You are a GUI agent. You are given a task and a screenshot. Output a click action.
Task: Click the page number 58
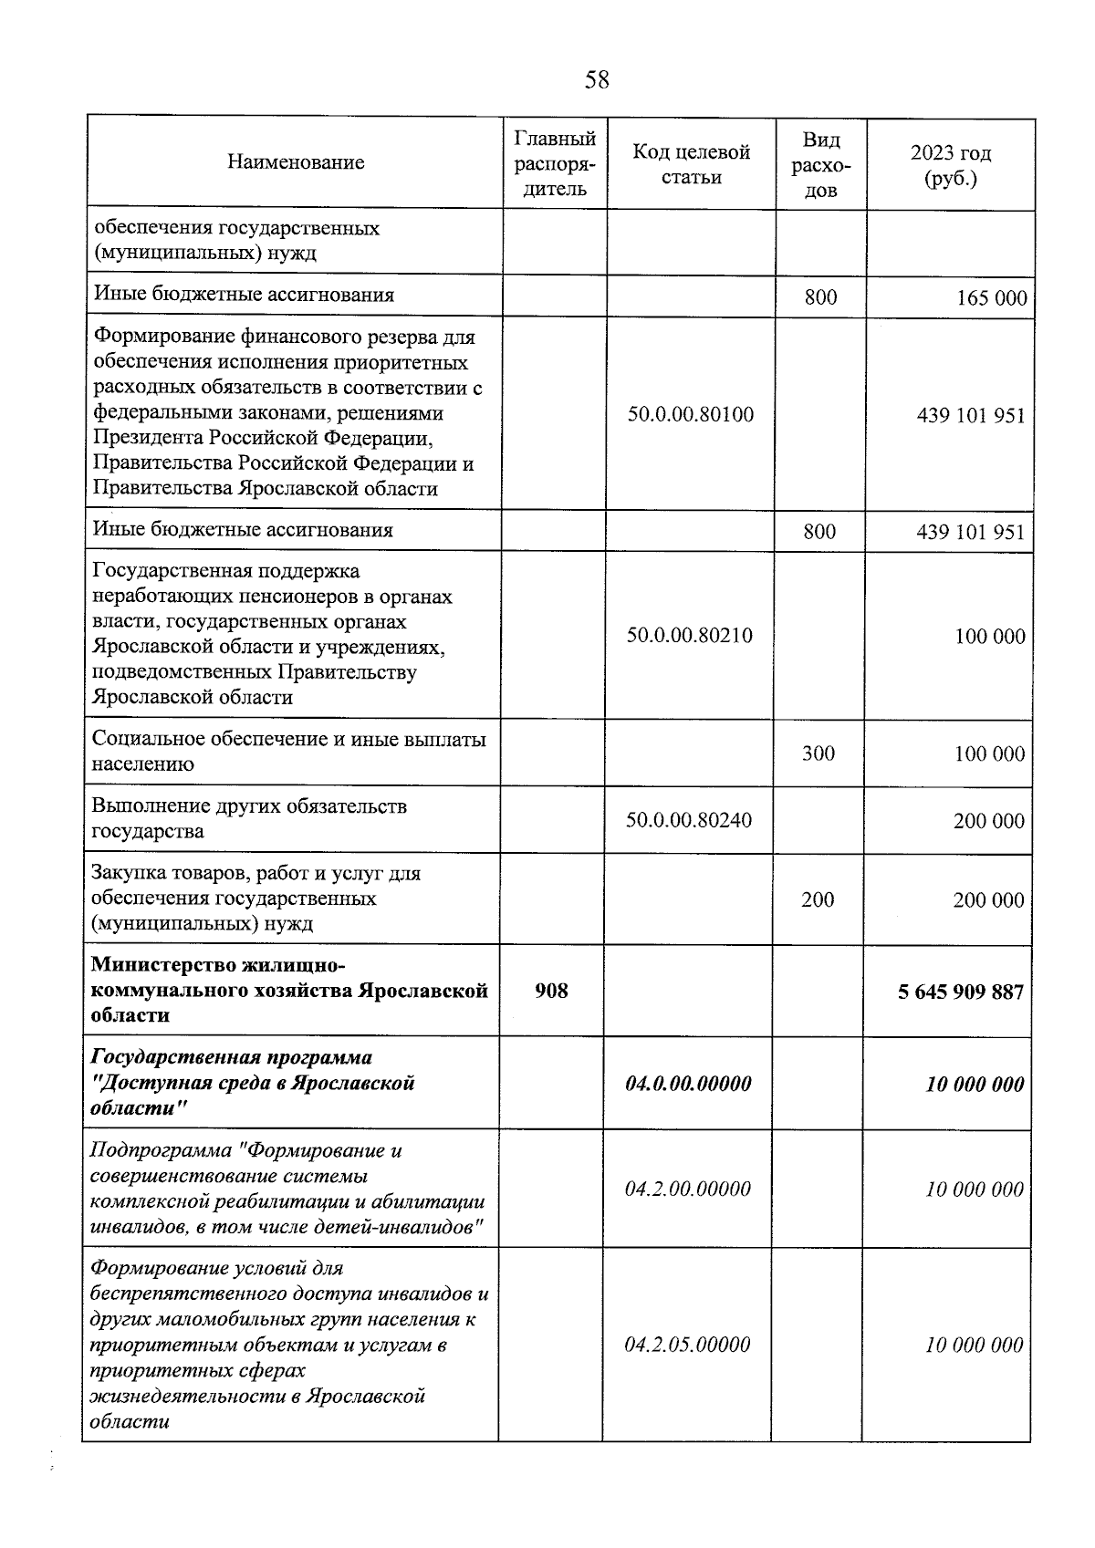(x=596, y=80)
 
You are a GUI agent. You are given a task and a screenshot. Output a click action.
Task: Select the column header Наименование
(x=296, y=162)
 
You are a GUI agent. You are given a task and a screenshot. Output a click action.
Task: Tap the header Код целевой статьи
(x=692, y=164)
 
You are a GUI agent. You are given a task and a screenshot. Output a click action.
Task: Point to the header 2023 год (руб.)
(x=950, y=165)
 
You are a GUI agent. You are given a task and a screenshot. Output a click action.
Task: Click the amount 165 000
(x=991, y=297)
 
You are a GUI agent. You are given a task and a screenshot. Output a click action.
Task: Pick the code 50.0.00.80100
(x=691, y=414)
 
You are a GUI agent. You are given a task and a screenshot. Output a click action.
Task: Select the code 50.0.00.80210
(x=690, y=635)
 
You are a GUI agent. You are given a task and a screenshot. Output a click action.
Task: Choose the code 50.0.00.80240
(x=689, y=819)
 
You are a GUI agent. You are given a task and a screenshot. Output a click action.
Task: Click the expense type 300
(x=818, y=753)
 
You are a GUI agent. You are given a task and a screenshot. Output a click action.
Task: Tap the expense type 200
(x=818, y=899)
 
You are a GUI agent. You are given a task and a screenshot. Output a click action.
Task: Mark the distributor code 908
(x=551, y=990)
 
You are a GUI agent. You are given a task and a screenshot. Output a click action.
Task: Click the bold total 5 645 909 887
(x=961, y=992)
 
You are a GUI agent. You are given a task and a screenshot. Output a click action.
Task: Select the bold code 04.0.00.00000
(x=688, y=1084)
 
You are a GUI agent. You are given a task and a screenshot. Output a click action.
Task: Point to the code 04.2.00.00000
(x=688, y=1189)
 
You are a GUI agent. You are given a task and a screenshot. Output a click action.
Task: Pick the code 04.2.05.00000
(x=688, y=1345)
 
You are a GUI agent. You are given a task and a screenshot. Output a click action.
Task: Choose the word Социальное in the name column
(x=145, y=739)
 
